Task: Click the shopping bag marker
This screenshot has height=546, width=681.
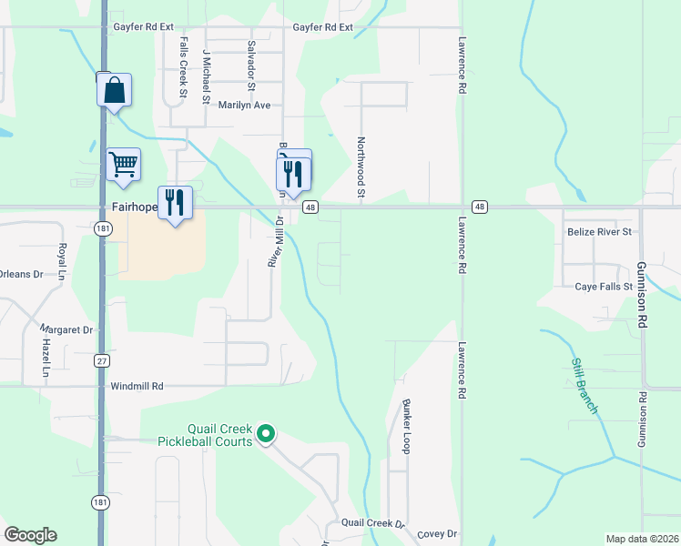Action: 114,91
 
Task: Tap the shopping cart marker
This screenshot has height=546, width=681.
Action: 123,165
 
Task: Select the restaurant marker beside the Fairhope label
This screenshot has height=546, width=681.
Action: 174,202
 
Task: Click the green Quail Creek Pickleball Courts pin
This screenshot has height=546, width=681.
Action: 266,435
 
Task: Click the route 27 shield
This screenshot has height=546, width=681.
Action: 101,361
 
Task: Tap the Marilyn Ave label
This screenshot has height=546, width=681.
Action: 245,106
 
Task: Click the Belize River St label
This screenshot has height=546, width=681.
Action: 599,232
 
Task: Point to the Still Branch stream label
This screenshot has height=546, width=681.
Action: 584,386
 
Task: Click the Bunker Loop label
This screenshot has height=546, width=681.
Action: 407,426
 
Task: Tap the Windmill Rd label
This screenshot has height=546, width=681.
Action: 137,386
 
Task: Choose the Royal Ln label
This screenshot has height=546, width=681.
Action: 63,262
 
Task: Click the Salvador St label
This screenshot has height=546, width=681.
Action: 250,59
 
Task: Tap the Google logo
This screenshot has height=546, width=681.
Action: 30,535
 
